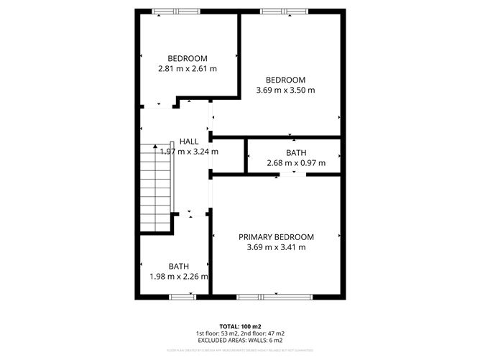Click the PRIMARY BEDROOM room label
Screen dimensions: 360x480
tap(277, 237)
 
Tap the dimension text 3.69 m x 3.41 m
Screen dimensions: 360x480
tap(277, 248)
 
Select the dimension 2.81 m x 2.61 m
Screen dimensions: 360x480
tap(188, 69)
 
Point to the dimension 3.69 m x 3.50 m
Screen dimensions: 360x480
tap(286, 91)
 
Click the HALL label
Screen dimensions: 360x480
tap(189, 142)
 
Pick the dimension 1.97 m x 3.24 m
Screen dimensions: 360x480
tap(189, 152)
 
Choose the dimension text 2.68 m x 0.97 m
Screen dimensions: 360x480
tap(296, 163)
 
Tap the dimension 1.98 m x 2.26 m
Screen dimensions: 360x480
tap(179, 277)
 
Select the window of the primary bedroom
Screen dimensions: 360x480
tap(274, 296)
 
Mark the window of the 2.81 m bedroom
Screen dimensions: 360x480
tap(177, 11)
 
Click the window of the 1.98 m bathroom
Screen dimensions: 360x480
tap(181, 296)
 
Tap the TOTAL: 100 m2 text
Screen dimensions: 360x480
tap(241, 326)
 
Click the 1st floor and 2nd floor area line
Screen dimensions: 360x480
tap(241, 333)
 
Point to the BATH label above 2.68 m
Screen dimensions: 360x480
tap(296, 153)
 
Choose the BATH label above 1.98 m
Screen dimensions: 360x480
tap(179, 267)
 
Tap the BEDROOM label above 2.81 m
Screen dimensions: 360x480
tap(188, 59)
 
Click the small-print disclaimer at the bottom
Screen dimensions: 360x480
tap(241, 350)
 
